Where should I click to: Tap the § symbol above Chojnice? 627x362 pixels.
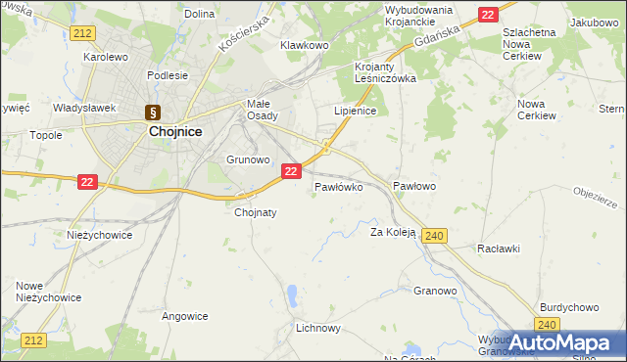(152, 112)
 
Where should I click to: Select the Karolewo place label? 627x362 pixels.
(106, 57)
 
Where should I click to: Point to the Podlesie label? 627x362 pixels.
(167, 74)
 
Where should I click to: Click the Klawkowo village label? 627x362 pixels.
(305, 45)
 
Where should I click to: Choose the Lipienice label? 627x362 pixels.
(356, 112)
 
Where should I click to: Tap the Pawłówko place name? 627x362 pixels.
(339, 186)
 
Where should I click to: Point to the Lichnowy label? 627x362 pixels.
(318, 329)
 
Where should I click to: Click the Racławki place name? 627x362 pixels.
(499, 249)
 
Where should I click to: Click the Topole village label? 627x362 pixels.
(46, 135)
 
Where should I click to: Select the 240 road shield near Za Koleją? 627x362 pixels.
(436, 235)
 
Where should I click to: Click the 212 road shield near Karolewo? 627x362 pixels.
(82, 33)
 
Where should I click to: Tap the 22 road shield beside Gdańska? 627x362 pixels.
(488, 15)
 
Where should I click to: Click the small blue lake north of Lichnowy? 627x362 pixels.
(292, 294)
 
